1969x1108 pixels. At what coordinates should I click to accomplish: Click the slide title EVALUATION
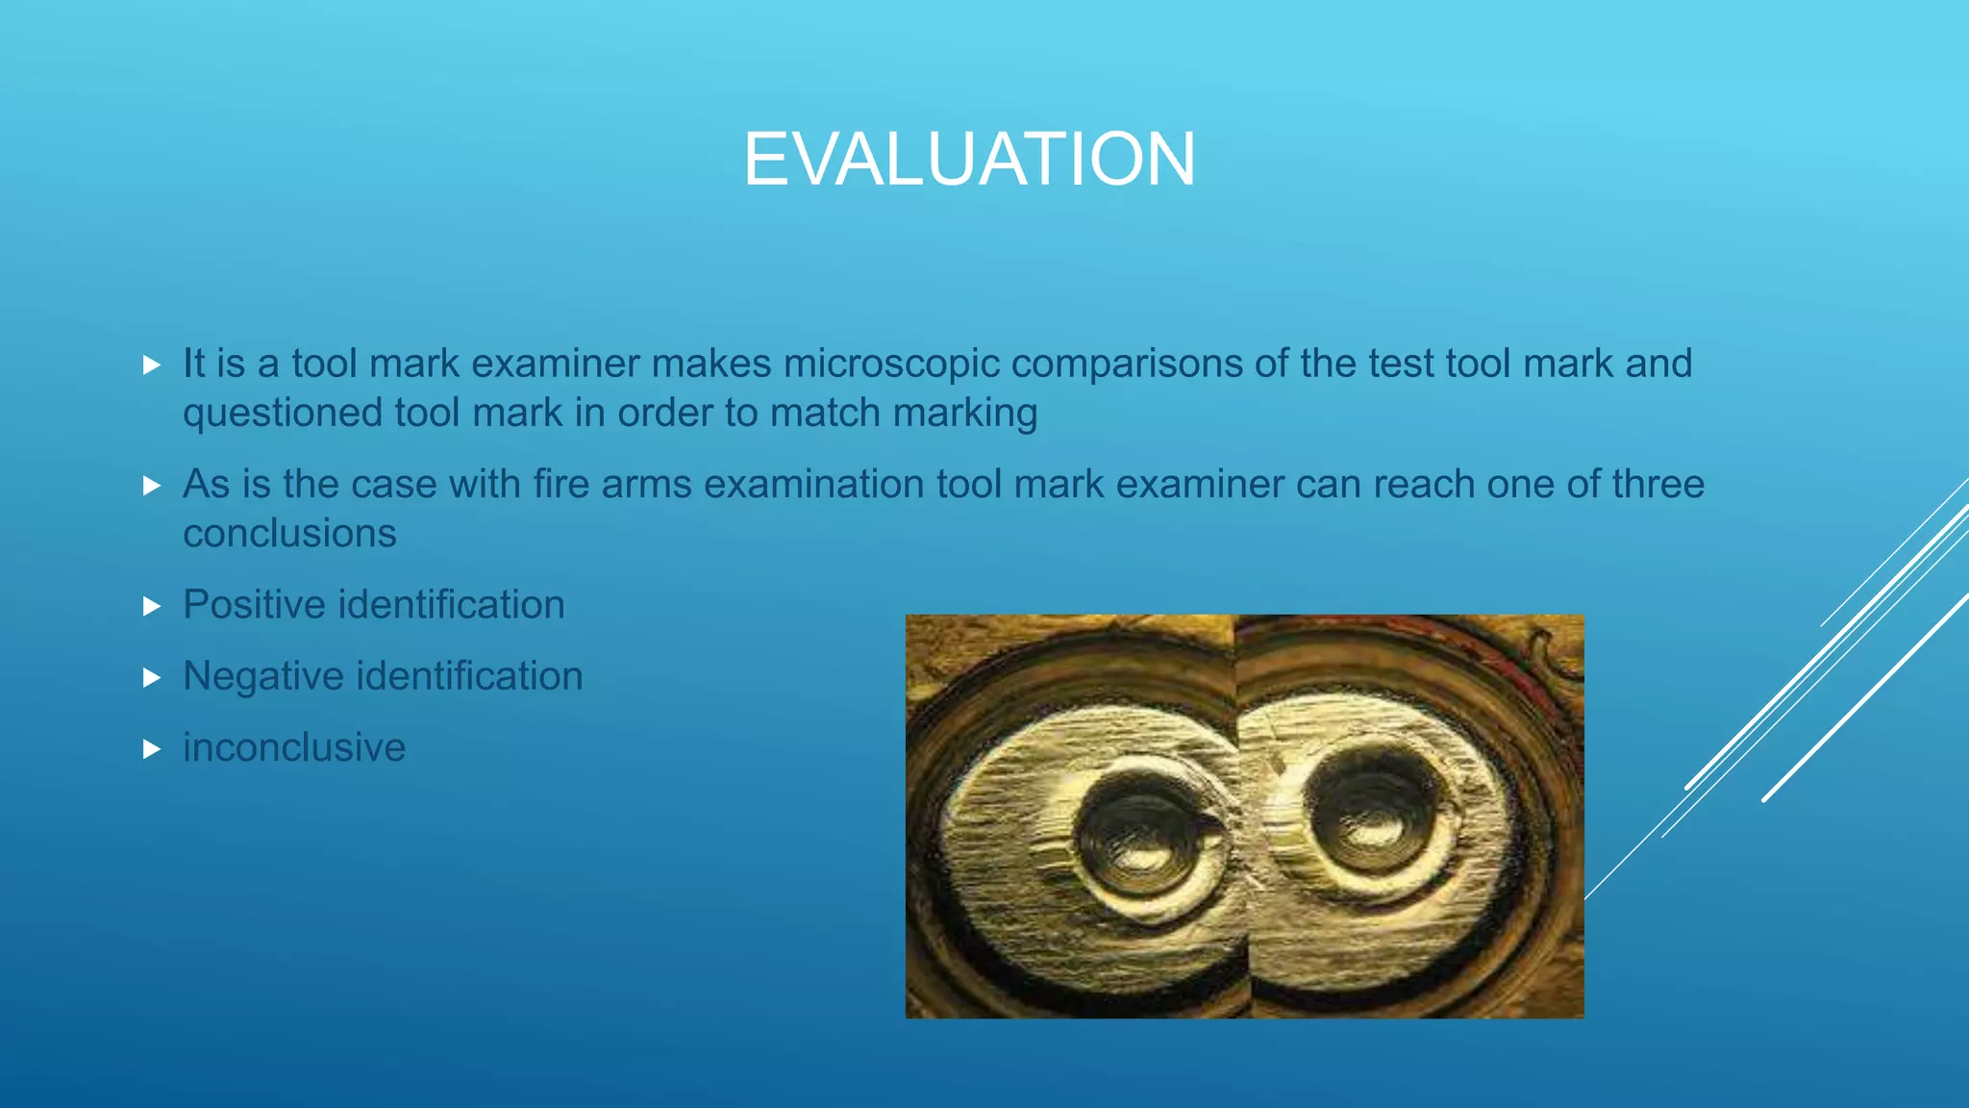tap(969, 160)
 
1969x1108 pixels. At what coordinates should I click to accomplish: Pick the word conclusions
tap(289, 534)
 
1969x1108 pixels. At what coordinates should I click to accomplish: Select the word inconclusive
tap(294, 747)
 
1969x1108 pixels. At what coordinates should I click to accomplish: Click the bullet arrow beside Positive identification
tap(151, 606)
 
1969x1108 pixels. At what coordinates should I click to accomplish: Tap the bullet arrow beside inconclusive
tap(151, 748)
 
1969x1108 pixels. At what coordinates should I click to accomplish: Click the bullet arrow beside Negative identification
tap(151, 677)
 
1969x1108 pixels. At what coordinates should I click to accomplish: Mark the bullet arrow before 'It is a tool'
tap(151, 365)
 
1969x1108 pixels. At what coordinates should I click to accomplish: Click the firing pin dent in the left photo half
tap(1141, 835)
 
